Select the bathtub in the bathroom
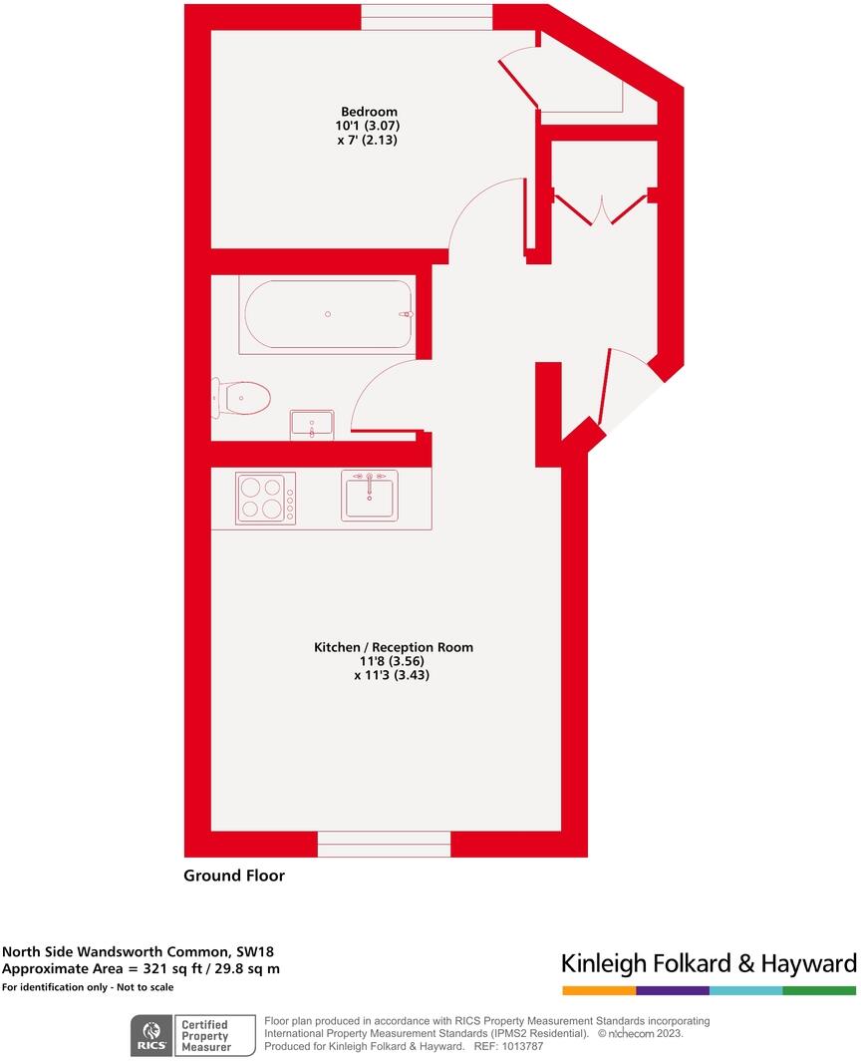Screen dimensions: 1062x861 coord(326,315)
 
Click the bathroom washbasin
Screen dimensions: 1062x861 coord(313,425)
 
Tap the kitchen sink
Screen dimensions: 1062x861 coord(369,496)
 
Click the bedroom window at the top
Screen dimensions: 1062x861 coord(427,17)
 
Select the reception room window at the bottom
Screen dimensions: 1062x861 coord(385,844)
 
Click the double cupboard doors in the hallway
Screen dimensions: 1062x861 coord(602,207)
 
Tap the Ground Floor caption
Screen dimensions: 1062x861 coord(234,876)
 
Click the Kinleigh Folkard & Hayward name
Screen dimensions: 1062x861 coord(709,963)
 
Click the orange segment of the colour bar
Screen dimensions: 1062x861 coord(599,990)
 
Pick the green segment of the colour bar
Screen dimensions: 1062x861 coord(819,990)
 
